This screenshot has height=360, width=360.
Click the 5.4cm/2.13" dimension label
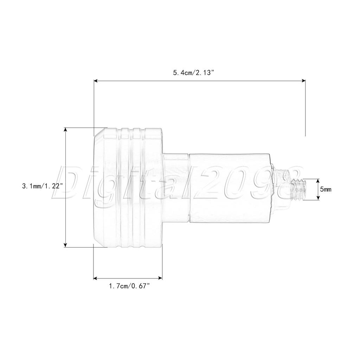click(194, 73)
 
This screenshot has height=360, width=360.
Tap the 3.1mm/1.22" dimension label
click(43, 186)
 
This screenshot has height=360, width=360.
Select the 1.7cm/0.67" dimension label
click(129, 286)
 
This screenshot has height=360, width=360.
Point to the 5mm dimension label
click(326, 189)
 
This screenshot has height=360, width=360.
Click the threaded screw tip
click(298, 189)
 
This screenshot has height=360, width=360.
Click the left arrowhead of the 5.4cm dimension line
click(96, 81)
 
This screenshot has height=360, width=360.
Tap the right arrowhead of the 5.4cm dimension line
click(303, 81)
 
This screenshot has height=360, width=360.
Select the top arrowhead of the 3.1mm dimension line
click(66, 130)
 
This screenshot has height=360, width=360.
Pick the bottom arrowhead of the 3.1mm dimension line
click(66, 245)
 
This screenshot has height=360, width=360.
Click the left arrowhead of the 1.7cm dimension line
click(96, 278)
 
